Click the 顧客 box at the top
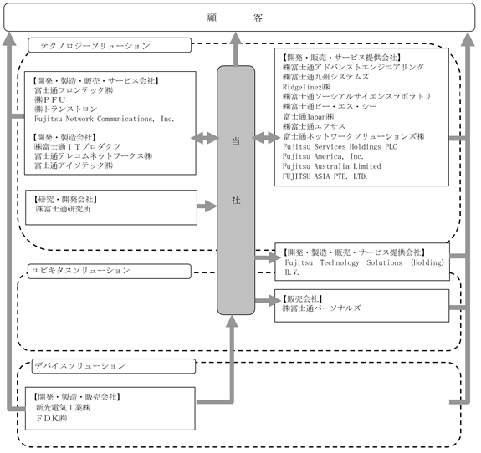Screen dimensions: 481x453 point(239,18)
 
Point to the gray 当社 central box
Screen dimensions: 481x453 point(236,190)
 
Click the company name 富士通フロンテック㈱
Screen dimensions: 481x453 point(74,90)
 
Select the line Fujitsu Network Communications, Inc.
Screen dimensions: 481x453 point(104,119)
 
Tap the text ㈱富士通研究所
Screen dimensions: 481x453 point(64,209)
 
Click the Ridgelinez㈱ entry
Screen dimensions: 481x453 point(306,87)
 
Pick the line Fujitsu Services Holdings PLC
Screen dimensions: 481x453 point(340,146)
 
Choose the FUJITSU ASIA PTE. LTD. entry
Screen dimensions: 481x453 point(325,176)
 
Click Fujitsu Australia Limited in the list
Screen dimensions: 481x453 point(332,166)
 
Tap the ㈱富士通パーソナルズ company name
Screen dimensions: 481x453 point(321,308)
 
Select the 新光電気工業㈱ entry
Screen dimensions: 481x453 point(63,407)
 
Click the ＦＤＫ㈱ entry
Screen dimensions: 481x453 point(52,418)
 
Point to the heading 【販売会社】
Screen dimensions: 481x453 point(302,298)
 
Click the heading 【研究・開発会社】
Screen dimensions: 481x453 point(65,200)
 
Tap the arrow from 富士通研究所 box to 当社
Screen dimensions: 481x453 point(207,206)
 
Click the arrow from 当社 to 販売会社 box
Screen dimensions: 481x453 point(268,300)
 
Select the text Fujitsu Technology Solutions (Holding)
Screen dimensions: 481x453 point(365,262)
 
